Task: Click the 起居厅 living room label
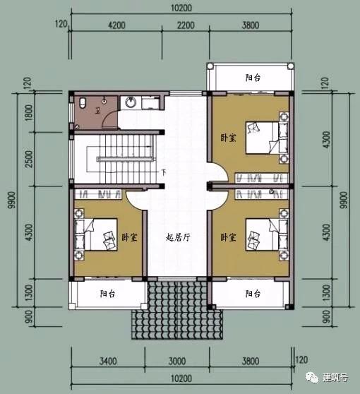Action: [x=178, y=238]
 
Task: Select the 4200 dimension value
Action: [x=116, y=25]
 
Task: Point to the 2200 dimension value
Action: [x=185, y=25]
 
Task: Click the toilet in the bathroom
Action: [x=84, y=105]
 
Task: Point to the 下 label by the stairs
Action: [x=163, y=172]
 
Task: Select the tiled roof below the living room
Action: [x=173, y=304]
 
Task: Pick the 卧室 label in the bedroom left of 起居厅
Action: [x=128, y=238]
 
